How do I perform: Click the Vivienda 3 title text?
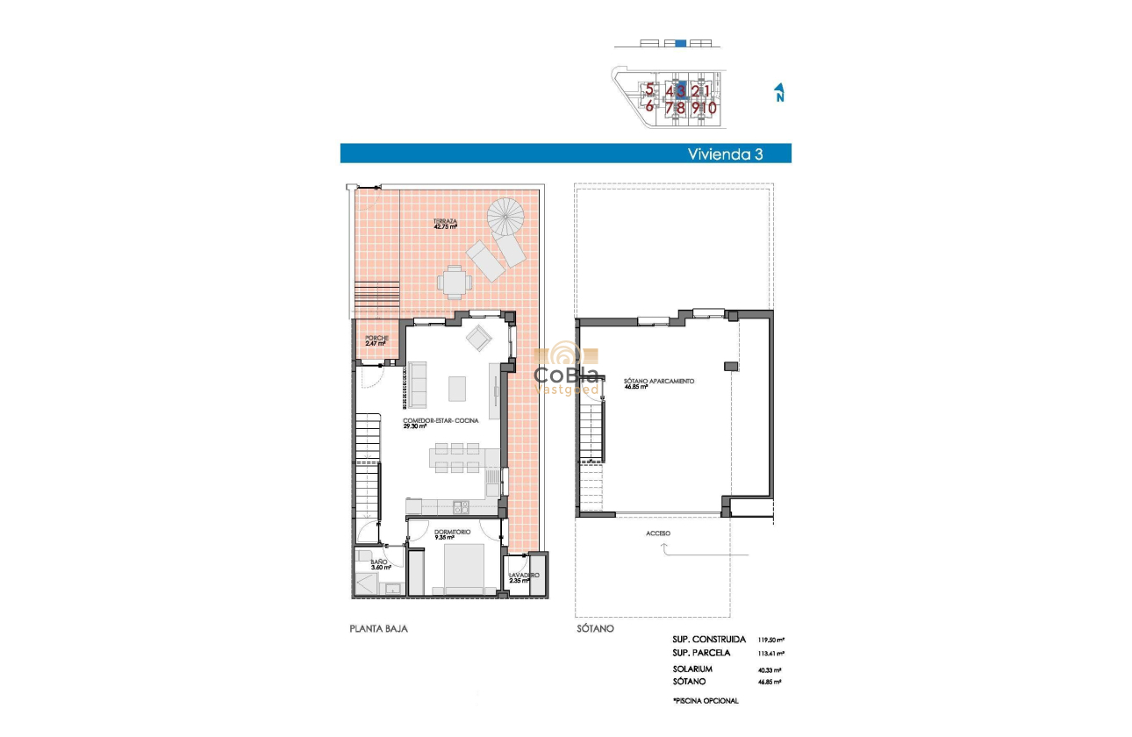(724, 154)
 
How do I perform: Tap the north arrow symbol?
(779, 93)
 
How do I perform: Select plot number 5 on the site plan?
(649, 89)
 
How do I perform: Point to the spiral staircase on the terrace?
(505, 215)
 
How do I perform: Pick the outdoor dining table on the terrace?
(454, 283)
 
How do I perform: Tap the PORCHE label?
(375, 339)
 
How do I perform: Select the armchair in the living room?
(480, 337)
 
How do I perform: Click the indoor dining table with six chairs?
(455, 457)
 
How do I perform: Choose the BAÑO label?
(378, 564)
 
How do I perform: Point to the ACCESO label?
(657, 533)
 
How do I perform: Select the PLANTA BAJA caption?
(378, 629)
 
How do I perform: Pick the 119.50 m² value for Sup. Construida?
(771, 640)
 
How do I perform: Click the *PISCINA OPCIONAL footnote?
(705, 700)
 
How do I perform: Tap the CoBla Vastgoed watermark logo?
(567, 368)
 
